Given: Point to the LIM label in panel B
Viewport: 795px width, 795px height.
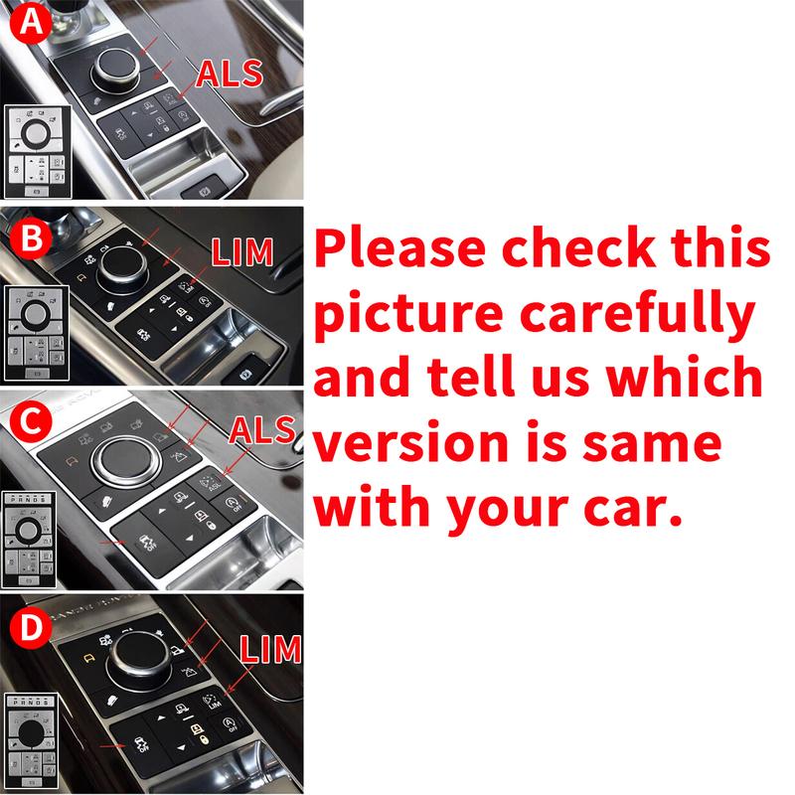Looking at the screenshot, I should tap(241, 252).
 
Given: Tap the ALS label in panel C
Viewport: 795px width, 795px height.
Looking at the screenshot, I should tap(262, 429).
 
